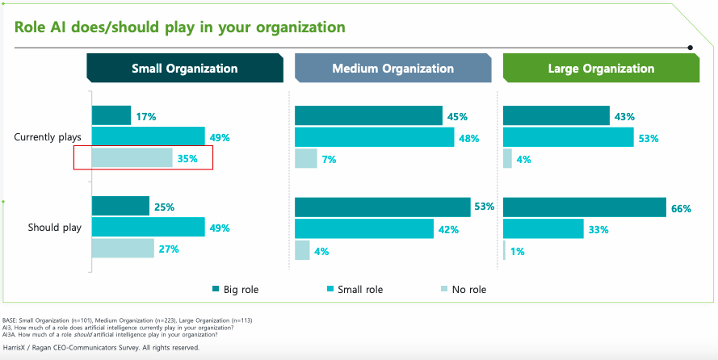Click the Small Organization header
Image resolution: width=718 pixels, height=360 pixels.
pyautogui.click(x=185, y=69)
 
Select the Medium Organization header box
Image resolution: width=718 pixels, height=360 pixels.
pyautogui.click(x=393, y=69)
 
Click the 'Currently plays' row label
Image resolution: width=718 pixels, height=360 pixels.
pyautogui.click(x=48, y=137)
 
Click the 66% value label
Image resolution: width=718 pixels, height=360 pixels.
pyautogui.click(x=681, y=209)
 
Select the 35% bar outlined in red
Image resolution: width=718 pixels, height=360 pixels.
pyautogui.click(x=132, y=158)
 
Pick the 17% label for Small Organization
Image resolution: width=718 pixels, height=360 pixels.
pyautogui.click(x=146, y=116)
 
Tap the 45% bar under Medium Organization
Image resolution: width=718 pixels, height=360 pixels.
pyautogui.click(x=368, y=115)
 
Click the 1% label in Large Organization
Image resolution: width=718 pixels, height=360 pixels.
pyautogui.click(x=518, y=251)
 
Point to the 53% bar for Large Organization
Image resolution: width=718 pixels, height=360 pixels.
pyautogui.click(x=568, y=137)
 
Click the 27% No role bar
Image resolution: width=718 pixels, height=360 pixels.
pyautogui.click(x=123, y=249)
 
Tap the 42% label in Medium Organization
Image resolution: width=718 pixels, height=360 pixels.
pyautogui.click(x=448, y=230)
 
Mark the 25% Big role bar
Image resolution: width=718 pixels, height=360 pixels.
pyautogui.click(x=120, y=207)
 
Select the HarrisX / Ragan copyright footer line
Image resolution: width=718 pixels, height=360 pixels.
pyautogui.click(x=101, y=348)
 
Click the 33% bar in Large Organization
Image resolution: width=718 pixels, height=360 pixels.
pyautogui.click(x=543, y=229)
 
